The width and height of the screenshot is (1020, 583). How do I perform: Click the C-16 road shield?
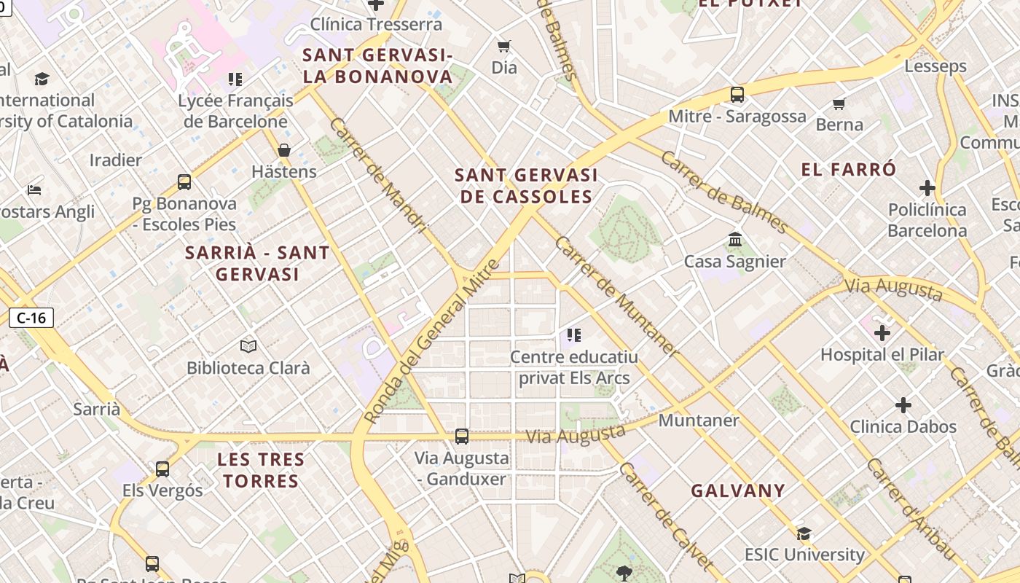click(x=31, y=318)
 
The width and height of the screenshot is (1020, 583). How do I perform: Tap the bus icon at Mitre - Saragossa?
click(x=737, y=95)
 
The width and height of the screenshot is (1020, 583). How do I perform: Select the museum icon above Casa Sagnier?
click(x=734, y=240)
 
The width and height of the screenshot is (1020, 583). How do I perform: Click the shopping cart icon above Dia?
click(x=503, y=47)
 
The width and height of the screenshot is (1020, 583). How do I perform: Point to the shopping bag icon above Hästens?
click(x=284, y=150)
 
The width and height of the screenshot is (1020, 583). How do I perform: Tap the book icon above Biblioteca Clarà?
click(x=248, y=346)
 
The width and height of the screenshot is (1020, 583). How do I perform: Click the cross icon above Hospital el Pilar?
click(x=882, y=333)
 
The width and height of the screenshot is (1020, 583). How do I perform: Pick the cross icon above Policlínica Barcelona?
click(x=927, y=188)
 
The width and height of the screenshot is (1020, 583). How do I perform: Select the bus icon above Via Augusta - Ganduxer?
click(x=462, y=437)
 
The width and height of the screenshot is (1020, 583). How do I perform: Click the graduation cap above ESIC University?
click(x=804, y=533)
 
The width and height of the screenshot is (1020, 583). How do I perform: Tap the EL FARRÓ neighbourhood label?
click(x=849, y=170)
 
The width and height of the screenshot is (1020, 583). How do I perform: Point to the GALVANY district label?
click(x=738, y=490)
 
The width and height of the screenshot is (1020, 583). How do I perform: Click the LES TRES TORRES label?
click(x=261, y=470)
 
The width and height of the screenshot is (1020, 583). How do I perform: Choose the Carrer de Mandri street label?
click(x=377, y=176)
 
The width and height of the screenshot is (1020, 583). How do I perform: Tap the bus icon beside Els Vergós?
click(x=162, y=469)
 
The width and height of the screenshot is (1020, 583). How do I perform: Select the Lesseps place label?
click(x=935, y=66)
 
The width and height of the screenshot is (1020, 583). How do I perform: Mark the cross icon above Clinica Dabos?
click(x=903, y=405)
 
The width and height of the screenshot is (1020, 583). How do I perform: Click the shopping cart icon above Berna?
click(x=839, y=103)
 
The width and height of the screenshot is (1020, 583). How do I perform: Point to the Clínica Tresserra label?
click(x=376, y=24)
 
